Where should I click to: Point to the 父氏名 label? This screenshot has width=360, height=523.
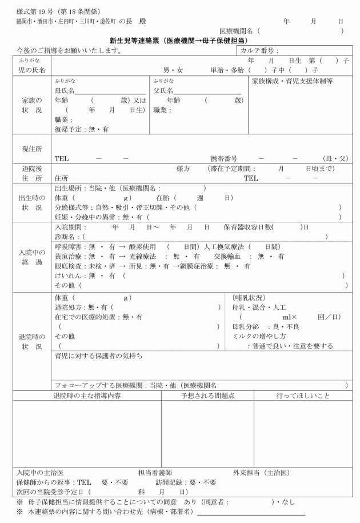tap(164, 90)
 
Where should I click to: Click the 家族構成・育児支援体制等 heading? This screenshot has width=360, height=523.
tap(291, 81)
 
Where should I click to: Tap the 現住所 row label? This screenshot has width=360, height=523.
tap(31, 148)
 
